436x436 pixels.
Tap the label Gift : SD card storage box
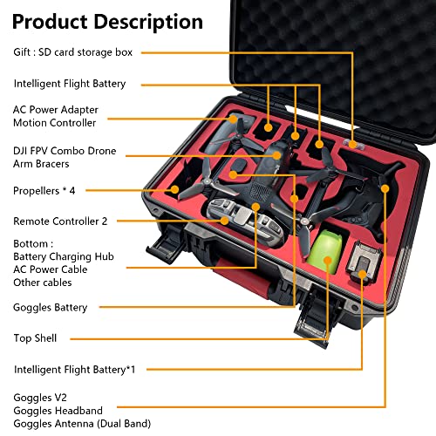tap(72, 52)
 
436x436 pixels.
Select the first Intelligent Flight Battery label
tap(70, 84)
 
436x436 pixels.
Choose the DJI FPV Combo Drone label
tap(65, 151)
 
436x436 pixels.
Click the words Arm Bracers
tap(42, 164)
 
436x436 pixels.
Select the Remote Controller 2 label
tap(60, 221)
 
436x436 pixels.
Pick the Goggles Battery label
tap(51, 307)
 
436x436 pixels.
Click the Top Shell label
tap(36, 337)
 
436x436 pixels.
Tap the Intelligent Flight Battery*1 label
tap(75, 370)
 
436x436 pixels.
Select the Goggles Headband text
tap(58, 411)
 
